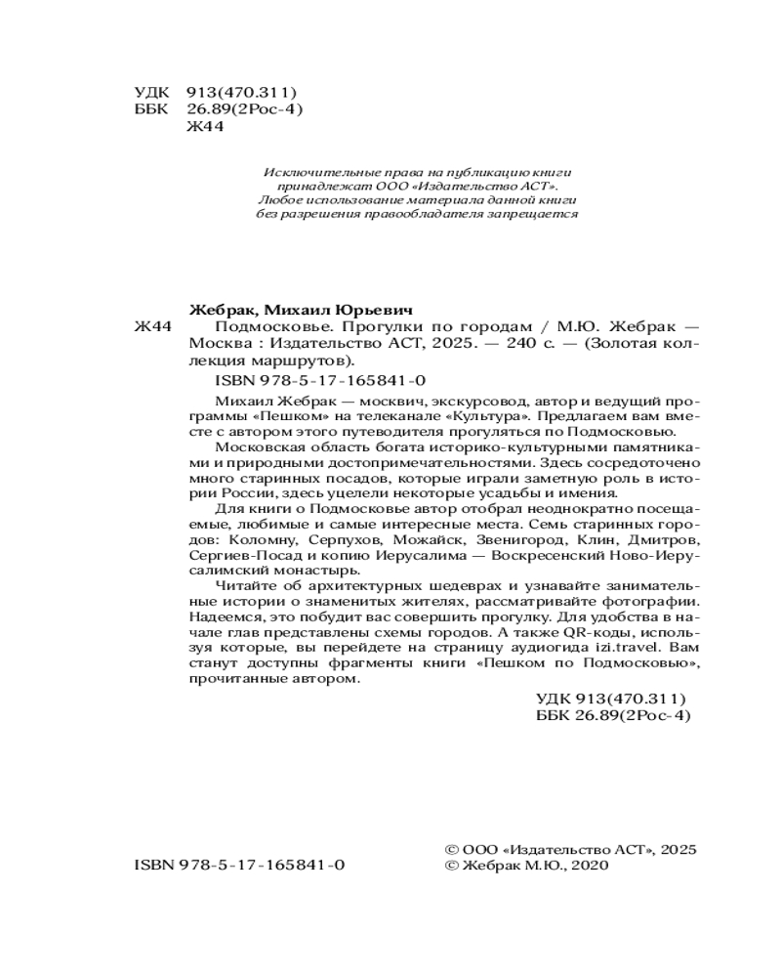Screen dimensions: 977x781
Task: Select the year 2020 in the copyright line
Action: pos(586,866)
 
